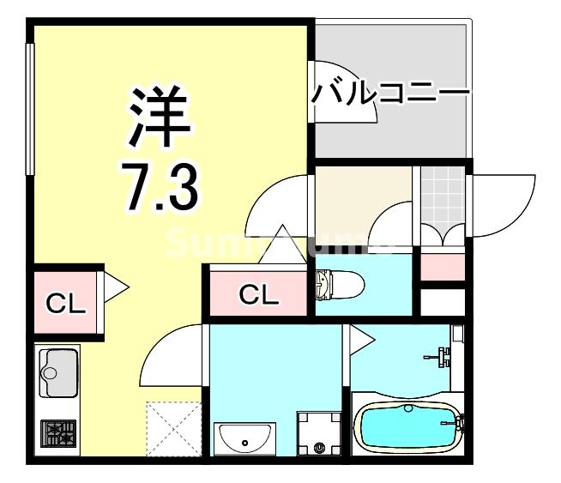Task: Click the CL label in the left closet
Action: (x=65, y=303)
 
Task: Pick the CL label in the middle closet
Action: (x=258, y=295)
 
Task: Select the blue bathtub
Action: (x=407, y=426)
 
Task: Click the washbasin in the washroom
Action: (x=244, y=440)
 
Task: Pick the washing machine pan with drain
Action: (x=318, y=434)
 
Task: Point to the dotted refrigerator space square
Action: (x=174, y=427)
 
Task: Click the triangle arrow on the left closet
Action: (x=115, y=286)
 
